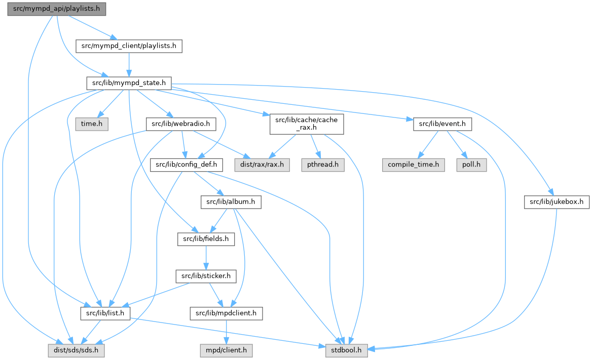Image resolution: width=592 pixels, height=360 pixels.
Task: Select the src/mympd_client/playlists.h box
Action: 129,46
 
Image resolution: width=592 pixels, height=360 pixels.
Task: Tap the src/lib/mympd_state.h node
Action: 129,83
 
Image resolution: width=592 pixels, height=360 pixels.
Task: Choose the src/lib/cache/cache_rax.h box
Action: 307,124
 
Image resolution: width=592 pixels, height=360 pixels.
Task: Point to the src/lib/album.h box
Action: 231,202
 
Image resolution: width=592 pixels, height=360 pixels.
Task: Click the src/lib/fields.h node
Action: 206,238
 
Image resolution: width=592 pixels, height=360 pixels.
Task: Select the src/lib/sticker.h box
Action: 206,276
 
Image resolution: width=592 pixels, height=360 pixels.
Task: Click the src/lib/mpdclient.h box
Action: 226,313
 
